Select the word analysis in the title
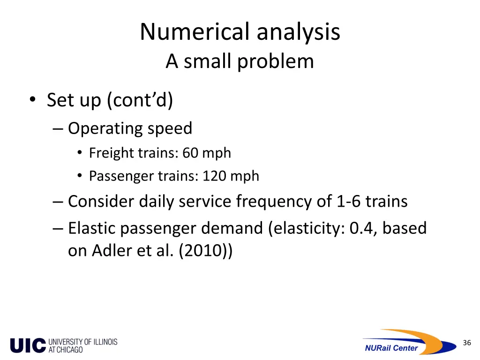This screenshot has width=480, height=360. coord(298,32)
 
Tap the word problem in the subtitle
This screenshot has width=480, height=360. coord(275,61)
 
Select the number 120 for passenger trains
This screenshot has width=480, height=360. coord(214,176)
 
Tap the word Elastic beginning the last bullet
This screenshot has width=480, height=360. coord(92,228)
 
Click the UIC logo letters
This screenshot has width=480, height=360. coord(28,345)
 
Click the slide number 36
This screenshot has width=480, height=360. coord(466,343)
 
